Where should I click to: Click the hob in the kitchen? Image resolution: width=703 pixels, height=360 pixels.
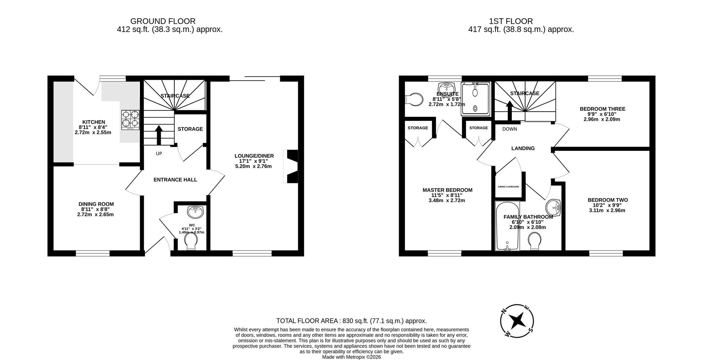click(130, 120)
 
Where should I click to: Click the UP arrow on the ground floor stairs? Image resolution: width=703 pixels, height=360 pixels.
click(159, 136)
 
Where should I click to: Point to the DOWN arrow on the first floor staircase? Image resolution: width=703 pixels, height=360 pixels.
click(509, 110)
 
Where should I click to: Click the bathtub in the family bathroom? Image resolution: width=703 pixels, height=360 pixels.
click(507, 226)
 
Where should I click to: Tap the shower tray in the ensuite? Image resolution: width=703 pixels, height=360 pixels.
click(475, 99)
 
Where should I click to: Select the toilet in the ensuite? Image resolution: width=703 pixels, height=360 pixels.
click(414, 99)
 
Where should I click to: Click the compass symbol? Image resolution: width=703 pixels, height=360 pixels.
click(517, 321)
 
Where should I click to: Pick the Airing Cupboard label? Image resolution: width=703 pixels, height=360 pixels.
click(508, 187)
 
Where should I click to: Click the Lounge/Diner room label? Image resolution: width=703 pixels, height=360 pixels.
click(254, 156)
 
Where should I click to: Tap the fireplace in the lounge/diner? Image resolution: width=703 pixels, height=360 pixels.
click(291, 166)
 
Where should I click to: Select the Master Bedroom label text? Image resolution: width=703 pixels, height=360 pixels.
click(447, 190)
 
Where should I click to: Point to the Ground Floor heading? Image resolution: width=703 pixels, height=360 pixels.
click(163, 21)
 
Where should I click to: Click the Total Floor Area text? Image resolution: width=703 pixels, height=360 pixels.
click(351, 321)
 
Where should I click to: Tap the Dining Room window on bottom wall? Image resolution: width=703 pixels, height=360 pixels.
click(93, 253)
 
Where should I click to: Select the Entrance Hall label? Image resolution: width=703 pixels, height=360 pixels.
click(175, 180)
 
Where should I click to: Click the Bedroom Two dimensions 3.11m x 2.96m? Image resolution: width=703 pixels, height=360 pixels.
click(607, 211)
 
